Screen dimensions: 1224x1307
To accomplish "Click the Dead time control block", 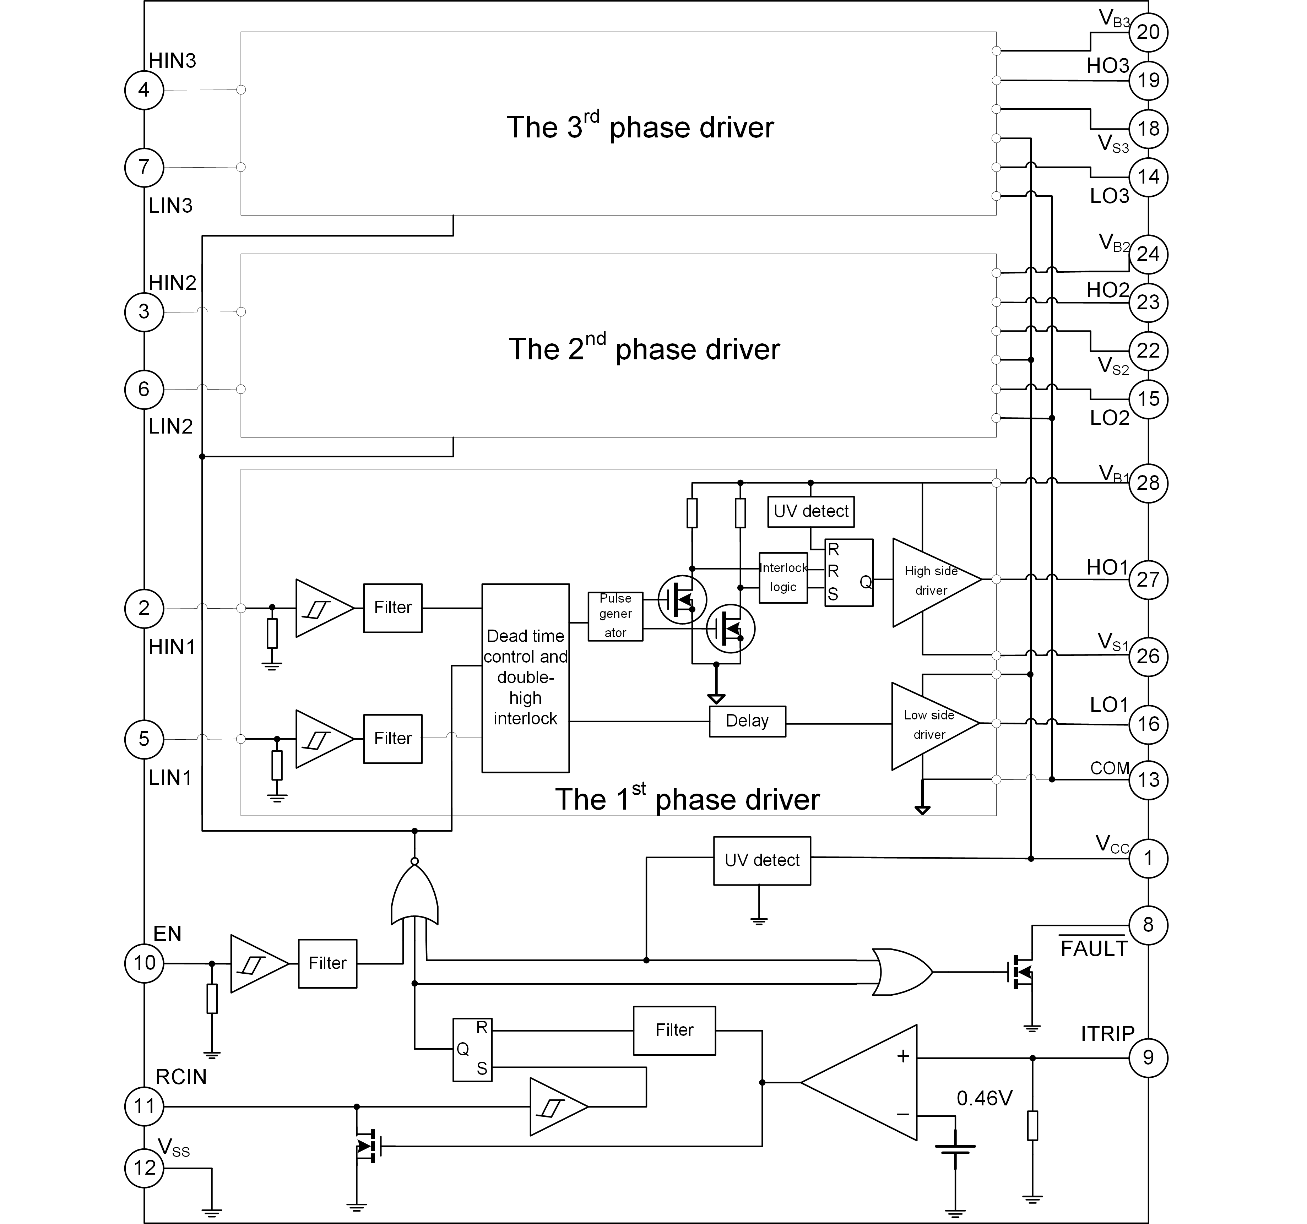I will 526,677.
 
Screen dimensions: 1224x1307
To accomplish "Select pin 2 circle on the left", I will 143,608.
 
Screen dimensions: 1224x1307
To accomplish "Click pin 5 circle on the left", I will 143,739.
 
